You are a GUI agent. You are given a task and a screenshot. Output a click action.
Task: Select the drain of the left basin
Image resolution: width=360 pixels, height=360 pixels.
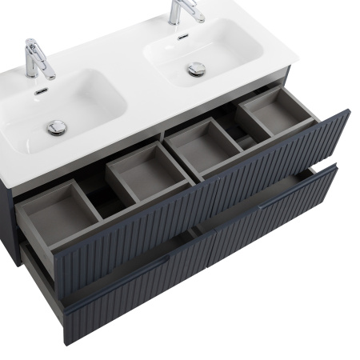click(x=56, y=126)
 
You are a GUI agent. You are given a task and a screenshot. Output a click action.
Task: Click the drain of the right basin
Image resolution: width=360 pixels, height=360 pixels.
click(x=197, y=69)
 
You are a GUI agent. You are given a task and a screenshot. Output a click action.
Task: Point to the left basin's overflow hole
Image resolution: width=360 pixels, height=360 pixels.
click(x=41, y=91)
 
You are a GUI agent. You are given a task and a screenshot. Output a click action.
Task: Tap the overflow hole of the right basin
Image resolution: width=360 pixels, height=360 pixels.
click(x=183, y=38)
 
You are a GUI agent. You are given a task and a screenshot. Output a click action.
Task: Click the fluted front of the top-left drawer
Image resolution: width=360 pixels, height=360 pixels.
click(x=136, y=237)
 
